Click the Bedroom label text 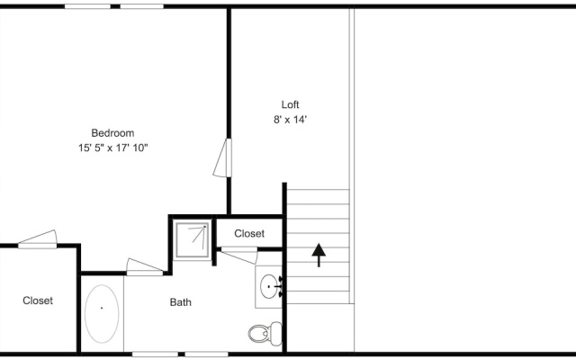click(112, 132)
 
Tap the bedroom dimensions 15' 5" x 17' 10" click(112, 148)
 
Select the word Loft click(290, 104)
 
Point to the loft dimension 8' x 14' click(290, 120)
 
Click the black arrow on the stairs click(319, 255)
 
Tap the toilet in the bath click(265, 334)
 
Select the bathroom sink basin click(268, 286)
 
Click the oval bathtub click(102, 314)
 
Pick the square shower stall click(192, 240)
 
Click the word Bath click(180, 302)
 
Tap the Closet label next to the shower click(249, 234)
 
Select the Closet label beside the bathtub click(38, 301)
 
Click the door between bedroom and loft click(222, 157)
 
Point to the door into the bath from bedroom click(145, 267)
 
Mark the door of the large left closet click(38, 239)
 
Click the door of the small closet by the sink click(239, 255)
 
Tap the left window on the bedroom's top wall click(87, 6)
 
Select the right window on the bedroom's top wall click(142, 6)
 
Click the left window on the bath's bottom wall click(155, 354)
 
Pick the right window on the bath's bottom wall click(206, 354)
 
